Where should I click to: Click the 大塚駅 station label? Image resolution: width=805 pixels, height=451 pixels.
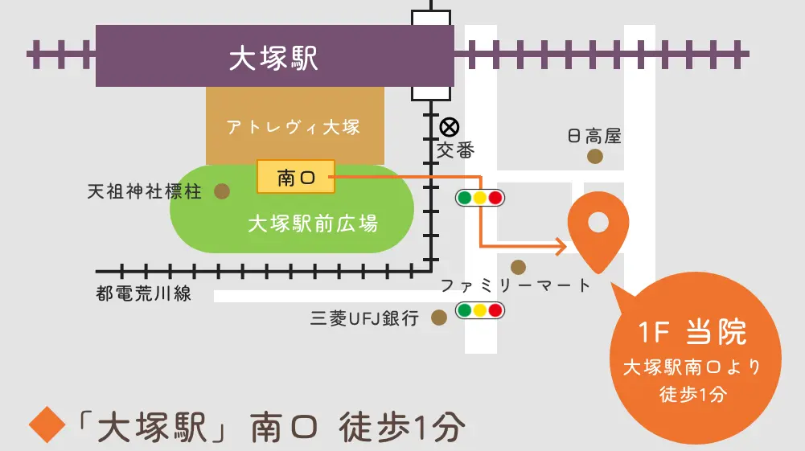click(x=273, y=58)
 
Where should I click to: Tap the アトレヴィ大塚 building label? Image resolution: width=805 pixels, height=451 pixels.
click(x=293, y=127)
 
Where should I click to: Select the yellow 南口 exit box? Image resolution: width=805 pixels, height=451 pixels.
click(x=295, y=177)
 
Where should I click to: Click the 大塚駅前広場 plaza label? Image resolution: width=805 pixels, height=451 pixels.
click(x=312, y=223)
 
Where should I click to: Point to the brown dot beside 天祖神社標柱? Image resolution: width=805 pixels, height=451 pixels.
click(x=221, y=191)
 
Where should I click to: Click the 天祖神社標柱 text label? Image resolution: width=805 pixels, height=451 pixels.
click(x=145, y=192)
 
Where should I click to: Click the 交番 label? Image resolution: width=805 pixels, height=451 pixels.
click(x=456, y=150)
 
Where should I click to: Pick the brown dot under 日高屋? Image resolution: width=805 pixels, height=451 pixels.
click(x=594, y=157)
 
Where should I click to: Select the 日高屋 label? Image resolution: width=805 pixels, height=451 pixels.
click(x=594, y=136)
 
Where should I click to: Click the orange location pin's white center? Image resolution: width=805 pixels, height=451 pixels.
click(x=598, y=222)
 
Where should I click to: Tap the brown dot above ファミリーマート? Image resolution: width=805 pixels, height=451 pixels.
click(x=518, y=266)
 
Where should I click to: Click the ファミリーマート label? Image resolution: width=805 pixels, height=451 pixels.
click(x=515, y=285)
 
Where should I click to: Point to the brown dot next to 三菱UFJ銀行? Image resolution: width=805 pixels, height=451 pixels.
click(x=438, y=318)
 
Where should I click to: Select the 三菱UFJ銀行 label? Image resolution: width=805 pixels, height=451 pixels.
click(x=365, y=318)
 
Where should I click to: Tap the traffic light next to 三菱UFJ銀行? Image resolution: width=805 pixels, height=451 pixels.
click(x=479, y=310)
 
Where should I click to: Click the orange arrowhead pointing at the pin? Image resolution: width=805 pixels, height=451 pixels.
click(x=561, y=244)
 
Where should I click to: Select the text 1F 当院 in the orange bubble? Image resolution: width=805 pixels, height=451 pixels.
click(x=692, y=333)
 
